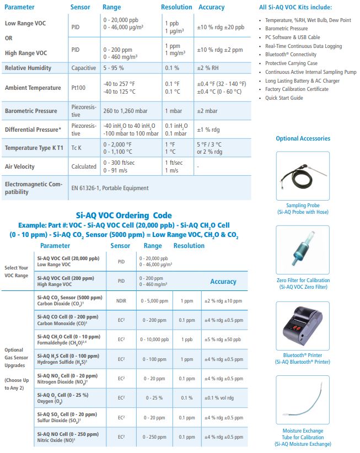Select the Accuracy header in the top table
pos(212,7)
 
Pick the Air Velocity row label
pos(19,166)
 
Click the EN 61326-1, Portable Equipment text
pos(110,188)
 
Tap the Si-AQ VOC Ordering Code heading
pos(123,215)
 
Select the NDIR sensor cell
pos(121,301)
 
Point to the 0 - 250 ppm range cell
pos(154,437)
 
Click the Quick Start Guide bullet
pos(284,98)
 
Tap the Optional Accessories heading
pos(303,138)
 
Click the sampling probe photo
pos(303,175)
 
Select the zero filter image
pos(303,250)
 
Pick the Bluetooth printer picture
pos(303,326)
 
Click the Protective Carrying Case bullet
pos(291,63)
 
